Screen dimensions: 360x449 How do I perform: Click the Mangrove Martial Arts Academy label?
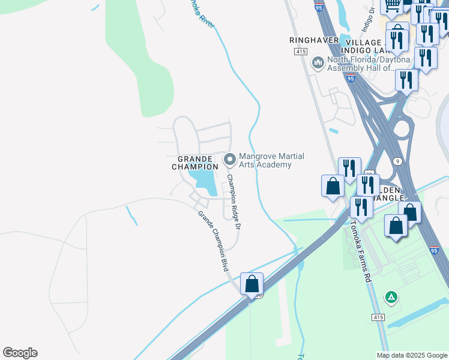click(271, 160)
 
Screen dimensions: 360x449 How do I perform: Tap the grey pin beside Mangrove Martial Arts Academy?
click(229, 160)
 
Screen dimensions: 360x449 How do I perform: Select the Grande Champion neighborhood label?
click(196, 162)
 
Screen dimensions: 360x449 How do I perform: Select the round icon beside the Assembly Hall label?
click(318, 62)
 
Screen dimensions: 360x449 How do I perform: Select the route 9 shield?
click(397, 161)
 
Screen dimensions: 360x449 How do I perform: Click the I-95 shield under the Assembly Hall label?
click(350, 77)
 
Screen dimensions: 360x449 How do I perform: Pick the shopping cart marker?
click(393, 5)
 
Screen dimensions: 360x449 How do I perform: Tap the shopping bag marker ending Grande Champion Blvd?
click(252, 284)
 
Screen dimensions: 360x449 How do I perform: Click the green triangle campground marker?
click(391, 296)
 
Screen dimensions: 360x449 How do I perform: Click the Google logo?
click(20, 353)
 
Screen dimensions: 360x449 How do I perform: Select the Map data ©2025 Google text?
click(411, 355)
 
